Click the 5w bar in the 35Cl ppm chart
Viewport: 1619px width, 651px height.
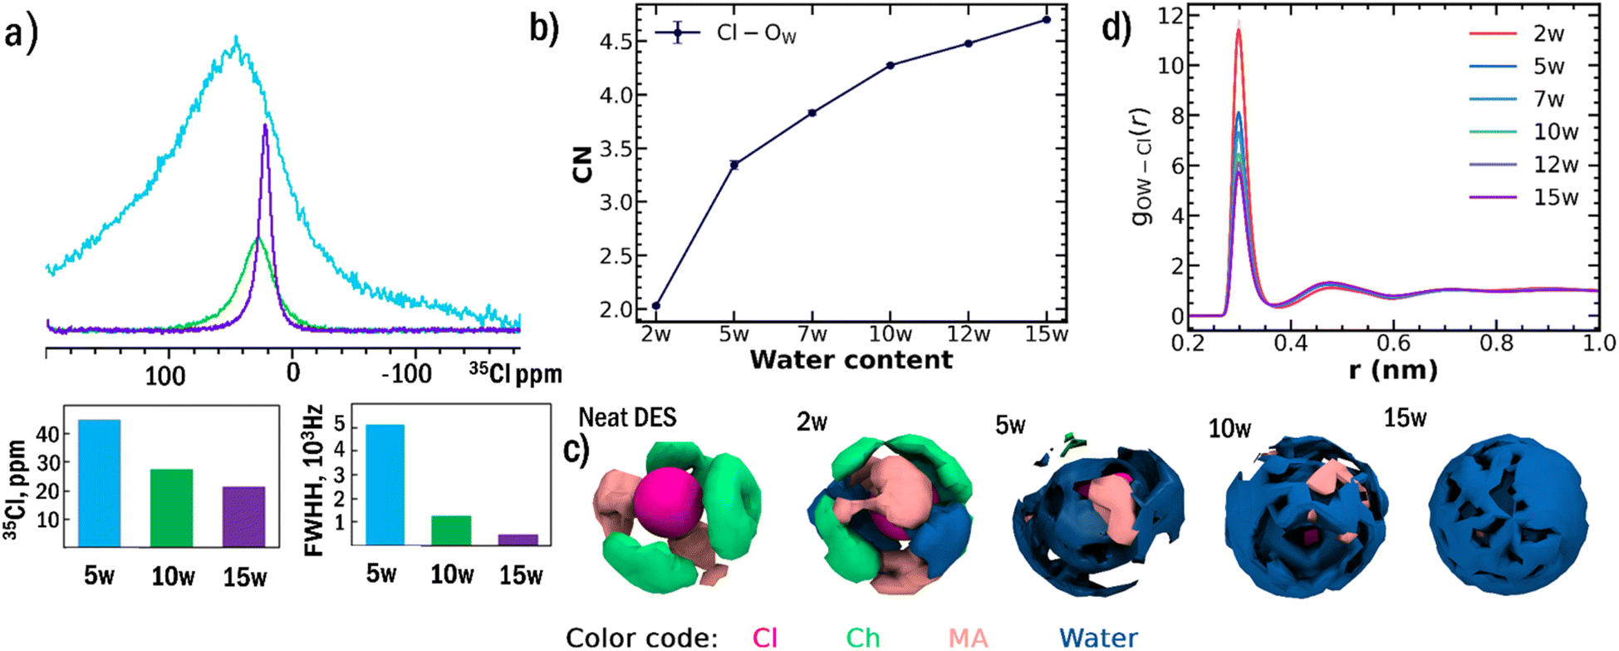100,483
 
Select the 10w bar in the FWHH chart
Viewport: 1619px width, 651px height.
451,530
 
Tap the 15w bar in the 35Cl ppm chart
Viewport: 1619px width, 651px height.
244,516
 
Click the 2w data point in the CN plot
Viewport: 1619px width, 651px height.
656,306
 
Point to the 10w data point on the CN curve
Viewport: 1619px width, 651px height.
890,65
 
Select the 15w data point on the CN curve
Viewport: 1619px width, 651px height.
1046,19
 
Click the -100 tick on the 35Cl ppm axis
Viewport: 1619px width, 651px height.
406,373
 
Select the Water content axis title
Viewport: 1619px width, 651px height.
851,360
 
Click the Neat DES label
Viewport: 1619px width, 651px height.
627,417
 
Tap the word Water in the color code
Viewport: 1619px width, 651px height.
1097,638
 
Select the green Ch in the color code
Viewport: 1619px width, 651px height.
862,638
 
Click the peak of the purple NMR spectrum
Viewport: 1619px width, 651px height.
265,126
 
